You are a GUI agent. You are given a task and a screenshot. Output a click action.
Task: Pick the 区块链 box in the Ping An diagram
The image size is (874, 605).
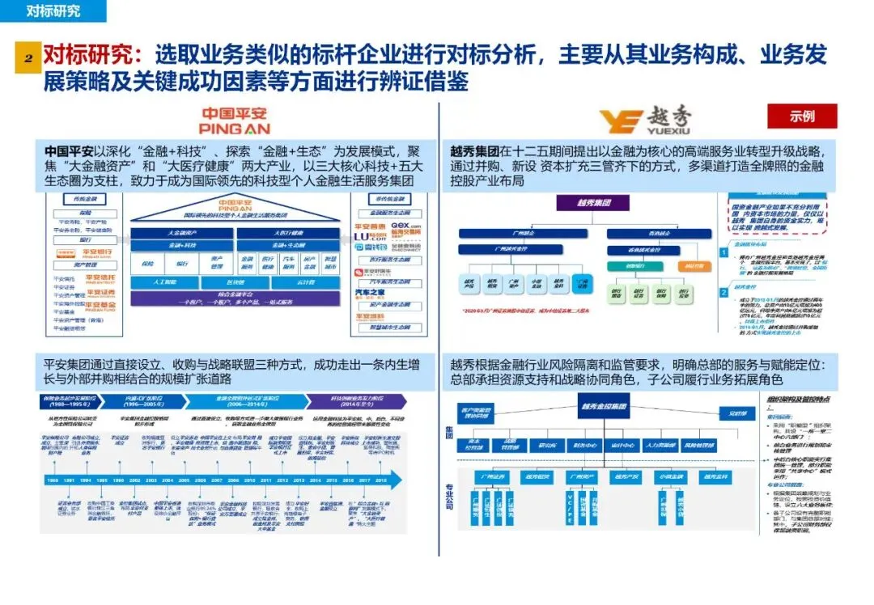click(x=235, y=282)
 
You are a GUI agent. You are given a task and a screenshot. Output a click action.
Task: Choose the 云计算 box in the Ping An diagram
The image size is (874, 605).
click(x=305, y=282)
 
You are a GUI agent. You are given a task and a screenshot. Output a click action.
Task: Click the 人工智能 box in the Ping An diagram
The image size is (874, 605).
click(x=163, y=282)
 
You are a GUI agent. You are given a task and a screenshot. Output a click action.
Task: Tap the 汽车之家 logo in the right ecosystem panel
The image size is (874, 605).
click(x=370, y=293)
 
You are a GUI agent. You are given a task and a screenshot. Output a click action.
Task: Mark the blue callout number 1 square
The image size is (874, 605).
click(x=723, y=253)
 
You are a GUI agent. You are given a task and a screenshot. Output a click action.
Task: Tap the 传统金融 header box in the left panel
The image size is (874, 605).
click(x=86, y=199)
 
